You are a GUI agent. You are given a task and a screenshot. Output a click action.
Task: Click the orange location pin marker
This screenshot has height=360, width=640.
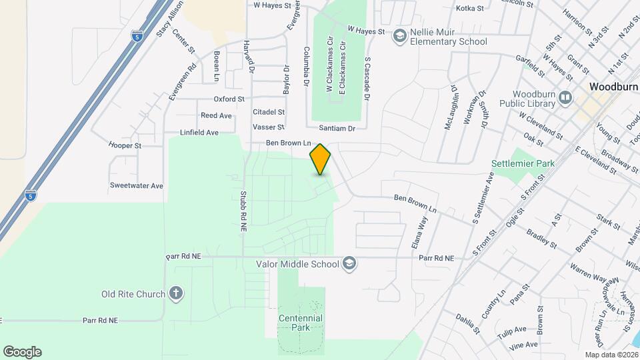point(320,159)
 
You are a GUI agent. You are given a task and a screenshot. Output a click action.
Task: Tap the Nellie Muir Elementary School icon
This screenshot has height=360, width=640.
point(400,35)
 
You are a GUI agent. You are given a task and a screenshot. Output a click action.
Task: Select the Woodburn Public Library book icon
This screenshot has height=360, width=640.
point(566,98)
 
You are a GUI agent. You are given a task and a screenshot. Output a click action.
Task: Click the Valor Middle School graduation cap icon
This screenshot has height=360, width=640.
point(349,264)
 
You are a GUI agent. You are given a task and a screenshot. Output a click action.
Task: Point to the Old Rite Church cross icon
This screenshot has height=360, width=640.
point(176,293)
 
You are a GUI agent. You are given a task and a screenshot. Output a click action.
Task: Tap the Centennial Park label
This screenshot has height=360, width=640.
point(301,323)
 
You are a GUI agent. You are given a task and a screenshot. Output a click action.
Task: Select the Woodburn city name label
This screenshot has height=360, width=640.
point(614,87)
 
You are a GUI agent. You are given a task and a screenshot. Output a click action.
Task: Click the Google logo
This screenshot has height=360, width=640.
point(22,351)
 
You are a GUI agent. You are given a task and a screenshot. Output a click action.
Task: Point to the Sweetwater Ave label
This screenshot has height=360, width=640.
point(137,186)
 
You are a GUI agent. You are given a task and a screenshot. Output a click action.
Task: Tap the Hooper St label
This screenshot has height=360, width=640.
point(125,145)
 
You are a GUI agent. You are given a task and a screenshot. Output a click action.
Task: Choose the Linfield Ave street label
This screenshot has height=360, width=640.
point(199,133)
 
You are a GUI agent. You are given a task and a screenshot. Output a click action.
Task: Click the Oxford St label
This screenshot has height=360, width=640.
point(229,99)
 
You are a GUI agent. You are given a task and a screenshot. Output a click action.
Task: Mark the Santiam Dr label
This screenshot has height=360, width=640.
point(337,127)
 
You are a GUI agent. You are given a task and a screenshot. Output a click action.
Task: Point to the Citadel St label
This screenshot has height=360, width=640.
point(269,112)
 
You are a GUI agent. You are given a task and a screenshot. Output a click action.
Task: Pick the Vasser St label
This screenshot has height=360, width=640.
point(269,127)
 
